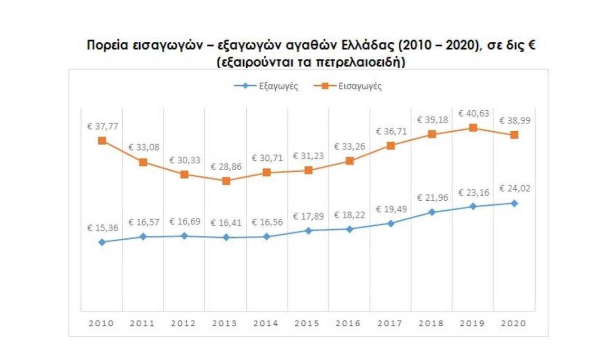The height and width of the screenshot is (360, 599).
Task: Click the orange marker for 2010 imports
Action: point(102,140)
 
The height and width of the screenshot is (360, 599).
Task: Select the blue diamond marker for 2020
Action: point(514,203)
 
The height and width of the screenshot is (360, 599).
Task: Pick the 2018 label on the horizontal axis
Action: point(432,323)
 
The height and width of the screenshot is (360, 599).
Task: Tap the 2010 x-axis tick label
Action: point(102,323)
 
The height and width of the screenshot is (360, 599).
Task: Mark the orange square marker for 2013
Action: point(226,181)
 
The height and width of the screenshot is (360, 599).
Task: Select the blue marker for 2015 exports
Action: point(308,231)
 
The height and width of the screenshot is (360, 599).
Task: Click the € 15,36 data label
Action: point(102,228)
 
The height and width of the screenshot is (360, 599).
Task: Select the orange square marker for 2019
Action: point(473,127)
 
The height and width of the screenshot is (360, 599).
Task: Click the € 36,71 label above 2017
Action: point(390,131)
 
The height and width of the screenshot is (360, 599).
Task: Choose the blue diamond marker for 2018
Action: point(432,212)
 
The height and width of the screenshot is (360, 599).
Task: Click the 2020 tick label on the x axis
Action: point(514,323)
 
